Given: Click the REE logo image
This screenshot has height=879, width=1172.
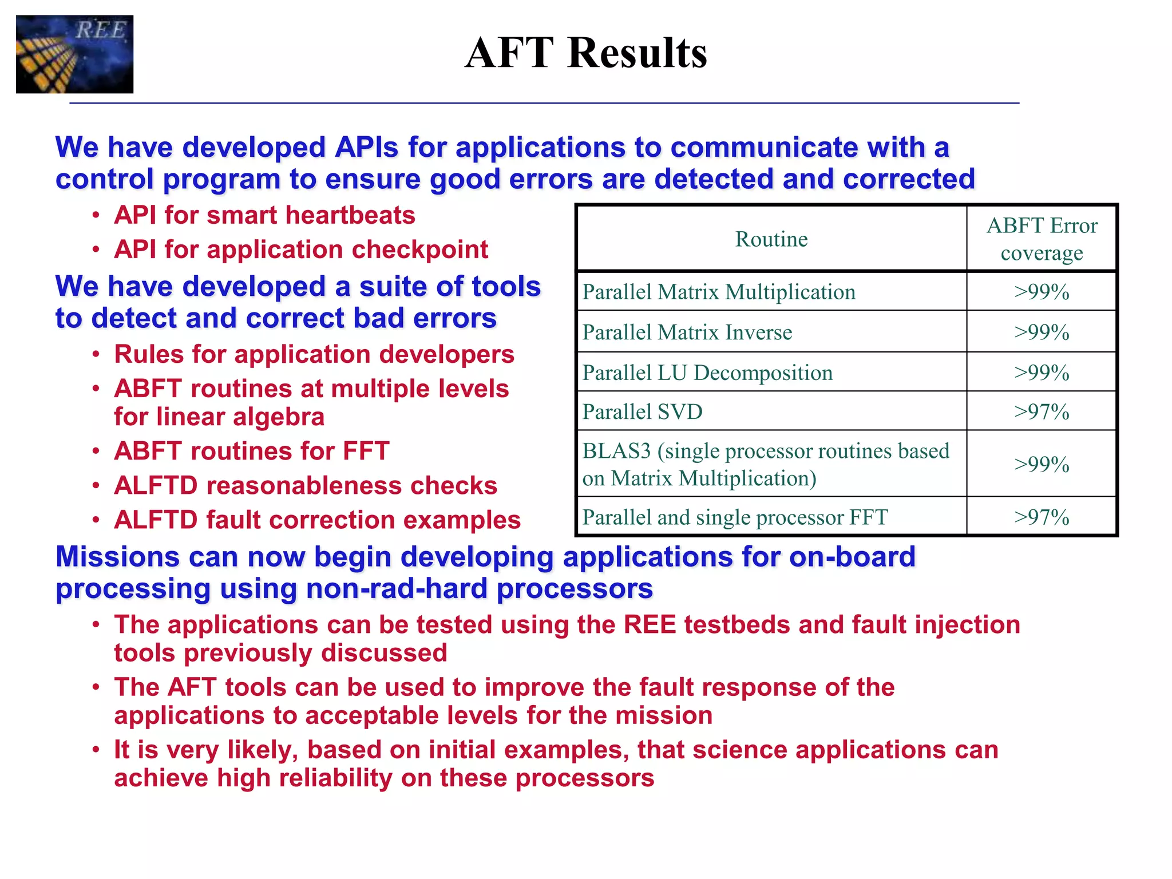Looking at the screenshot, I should click(x=74, y=54).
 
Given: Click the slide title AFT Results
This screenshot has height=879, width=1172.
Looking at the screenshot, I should click(x=585, y=53).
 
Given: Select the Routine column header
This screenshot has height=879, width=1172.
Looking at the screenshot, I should click(x=771, y=239).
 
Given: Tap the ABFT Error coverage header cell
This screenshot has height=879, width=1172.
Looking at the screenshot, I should click(x=1042, y=239).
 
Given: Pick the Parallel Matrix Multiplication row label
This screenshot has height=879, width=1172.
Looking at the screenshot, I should click(x=719, y=292).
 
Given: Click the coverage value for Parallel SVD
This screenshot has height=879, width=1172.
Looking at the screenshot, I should click(x=1042, y=412).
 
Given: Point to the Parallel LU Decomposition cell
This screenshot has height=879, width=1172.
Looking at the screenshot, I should click(x=707, y=373).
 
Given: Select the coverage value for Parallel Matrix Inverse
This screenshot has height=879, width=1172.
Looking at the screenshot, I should click(x=1042, y=332).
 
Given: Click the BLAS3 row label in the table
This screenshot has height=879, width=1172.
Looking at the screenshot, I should click(x=766, y=464).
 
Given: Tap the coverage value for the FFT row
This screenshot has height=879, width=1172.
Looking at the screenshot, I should click(x=1042, y=517).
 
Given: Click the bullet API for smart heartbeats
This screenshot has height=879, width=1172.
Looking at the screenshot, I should click(x=264, y=216).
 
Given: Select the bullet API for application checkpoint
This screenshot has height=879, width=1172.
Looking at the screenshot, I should click(x=301, y=250).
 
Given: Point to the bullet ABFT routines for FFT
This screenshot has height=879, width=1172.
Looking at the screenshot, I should click(x=252, y=452).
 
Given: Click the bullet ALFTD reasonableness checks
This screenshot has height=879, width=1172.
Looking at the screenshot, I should click(x=306, y=486).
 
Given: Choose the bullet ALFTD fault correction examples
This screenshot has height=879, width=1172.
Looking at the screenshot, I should click(x=317, y=520).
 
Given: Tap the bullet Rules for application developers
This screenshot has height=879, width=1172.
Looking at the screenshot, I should click(x=314, y=354).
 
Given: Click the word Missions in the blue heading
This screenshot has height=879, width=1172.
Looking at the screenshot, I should click(x=118, y=557).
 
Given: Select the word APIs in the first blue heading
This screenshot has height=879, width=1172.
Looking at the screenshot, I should click(x=366, y=148).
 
